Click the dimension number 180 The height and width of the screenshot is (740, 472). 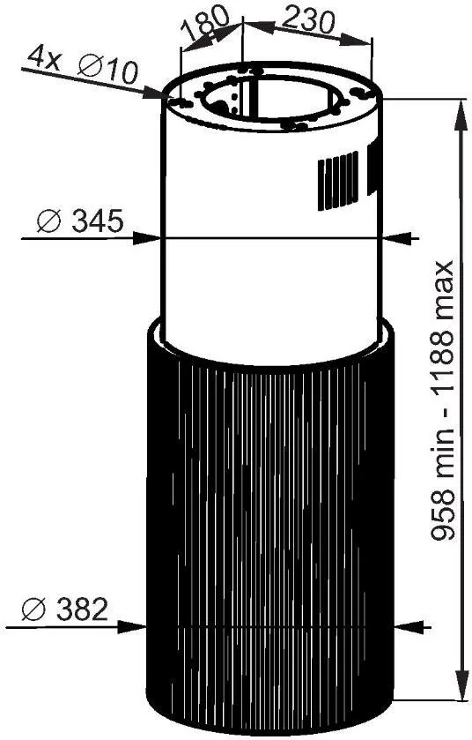coord(205,24)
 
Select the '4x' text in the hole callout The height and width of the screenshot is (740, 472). coord(43,57)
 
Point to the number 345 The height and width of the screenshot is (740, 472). coord(98,220)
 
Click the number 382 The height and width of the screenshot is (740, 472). coord(83,609)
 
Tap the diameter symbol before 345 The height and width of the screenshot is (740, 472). coord(49,221)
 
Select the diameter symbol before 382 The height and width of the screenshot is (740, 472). coord(33,609)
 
